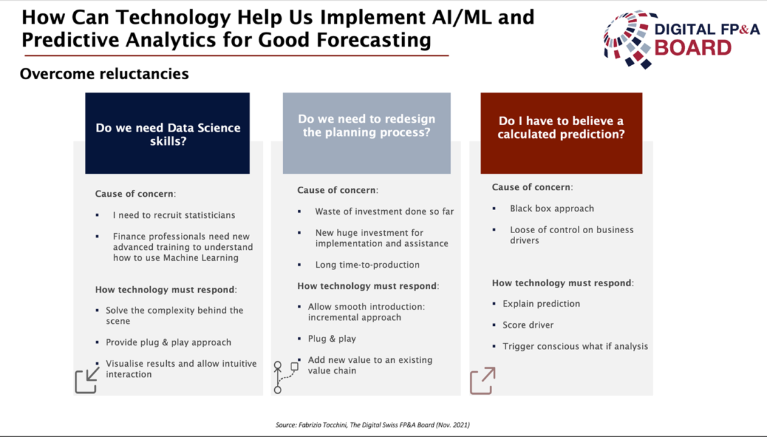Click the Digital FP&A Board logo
pos(681,39)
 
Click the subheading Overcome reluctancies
pos(104,74)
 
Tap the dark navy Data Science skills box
pos(167,133)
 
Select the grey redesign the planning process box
pos(367,133)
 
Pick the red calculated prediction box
pos(561,133)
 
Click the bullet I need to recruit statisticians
pos(174,215)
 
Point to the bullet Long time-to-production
pos(368,265)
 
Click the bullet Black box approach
pos(552,209)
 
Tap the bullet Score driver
pos(528,325)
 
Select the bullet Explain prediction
pos(541,304)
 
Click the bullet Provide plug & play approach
pos(169,342)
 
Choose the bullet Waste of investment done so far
pos(385,211)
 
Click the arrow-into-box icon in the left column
pos(87,380)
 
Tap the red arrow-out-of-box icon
pos(483,381)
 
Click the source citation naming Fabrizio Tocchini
pos(373,425)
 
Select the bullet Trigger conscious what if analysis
pos(575,347)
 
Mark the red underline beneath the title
pos(236,56)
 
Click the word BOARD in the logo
pos(693,48)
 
